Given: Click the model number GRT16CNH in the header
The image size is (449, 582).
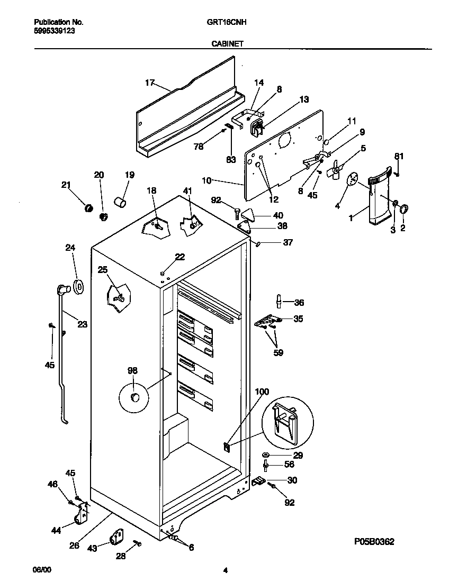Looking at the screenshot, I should [226, 23].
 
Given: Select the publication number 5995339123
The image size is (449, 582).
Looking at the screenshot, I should [54, 31].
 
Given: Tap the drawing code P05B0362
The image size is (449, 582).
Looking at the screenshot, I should [374, 542].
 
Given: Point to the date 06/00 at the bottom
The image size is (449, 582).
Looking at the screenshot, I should [42, 570].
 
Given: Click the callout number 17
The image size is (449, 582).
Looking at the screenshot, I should [150, 83].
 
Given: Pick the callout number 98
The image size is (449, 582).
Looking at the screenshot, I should [132, 370].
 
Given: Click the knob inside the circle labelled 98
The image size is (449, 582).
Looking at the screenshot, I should [135, 397].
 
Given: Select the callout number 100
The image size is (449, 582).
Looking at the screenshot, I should [262, 392].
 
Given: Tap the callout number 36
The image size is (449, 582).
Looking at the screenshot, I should [299, 303].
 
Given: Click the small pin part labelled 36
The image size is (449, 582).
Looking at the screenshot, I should [279, 301].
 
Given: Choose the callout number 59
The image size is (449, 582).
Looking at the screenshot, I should [278, 352].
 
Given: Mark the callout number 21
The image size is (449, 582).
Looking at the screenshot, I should [66, 185].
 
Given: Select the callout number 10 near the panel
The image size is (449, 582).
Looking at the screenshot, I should [206, 181].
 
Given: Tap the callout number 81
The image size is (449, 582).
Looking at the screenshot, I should [399, 156].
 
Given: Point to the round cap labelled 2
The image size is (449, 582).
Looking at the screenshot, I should [405, 208].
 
